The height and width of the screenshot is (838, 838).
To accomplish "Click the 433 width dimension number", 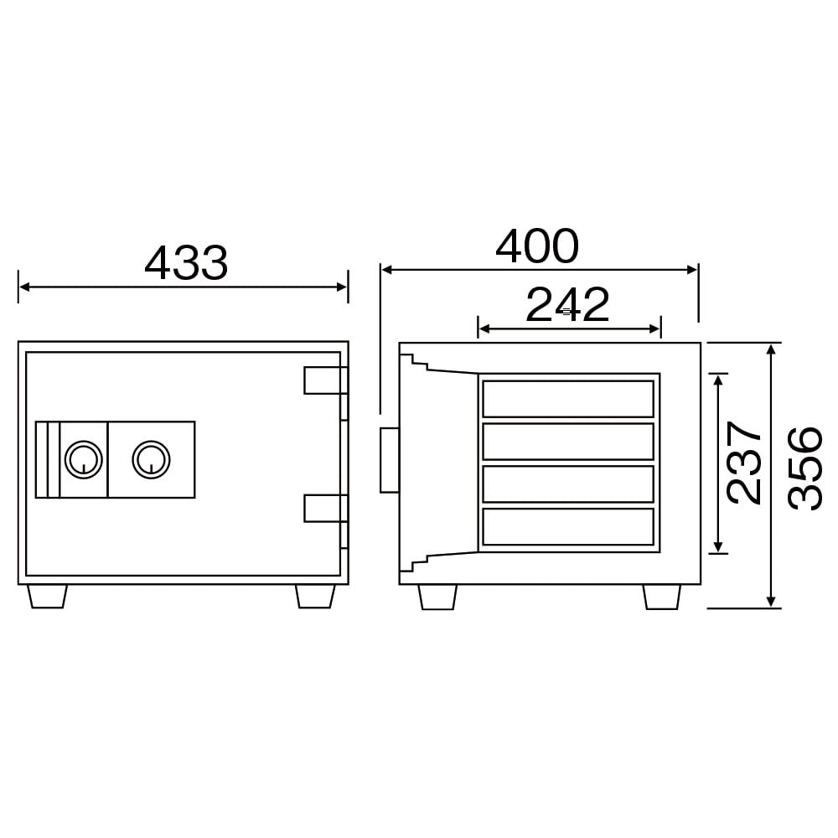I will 186,263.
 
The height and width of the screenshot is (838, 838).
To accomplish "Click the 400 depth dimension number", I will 537,246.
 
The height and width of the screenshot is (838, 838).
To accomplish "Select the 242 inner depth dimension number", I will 567,305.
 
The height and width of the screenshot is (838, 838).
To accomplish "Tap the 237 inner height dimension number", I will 744,463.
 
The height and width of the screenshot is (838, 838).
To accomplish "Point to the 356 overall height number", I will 806,468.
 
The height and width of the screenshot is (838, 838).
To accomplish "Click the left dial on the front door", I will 83,458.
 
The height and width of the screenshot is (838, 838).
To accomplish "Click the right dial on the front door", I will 151,458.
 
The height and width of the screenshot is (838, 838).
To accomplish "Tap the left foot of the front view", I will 48,596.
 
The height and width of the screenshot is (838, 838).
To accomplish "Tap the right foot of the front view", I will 315,596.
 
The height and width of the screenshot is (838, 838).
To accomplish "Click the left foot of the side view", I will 437,597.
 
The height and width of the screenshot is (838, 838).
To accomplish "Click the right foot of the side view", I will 662,597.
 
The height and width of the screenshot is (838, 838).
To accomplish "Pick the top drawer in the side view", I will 568,399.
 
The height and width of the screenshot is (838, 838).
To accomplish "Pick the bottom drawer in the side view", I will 568,526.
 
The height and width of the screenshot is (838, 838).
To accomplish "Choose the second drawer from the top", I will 568,442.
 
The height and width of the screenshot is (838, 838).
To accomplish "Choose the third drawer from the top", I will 568,484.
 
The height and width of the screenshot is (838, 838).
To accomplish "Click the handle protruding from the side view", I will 390,460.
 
